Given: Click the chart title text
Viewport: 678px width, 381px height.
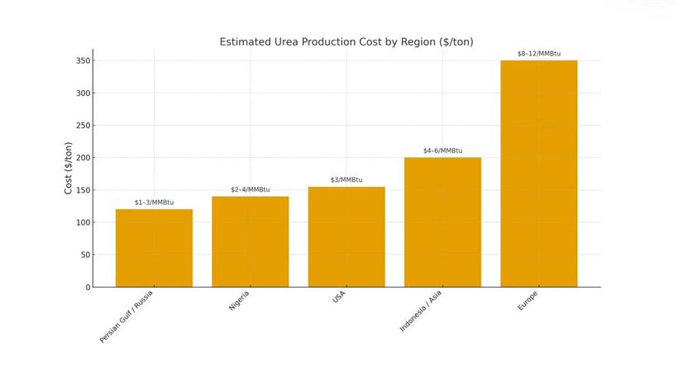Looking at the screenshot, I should pyautogui.click(x=346, y=41).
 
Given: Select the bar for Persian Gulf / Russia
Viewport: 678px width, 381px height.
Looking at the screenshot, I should pyautogui.click(x=154, y=248).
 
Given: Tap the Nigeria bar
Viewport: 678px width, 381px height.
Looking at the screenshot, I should pyautogui.click(x=251, y=241).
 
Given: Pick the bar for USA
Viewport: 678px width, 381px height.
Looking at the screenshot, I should pyautogui.click(x=346, y=236).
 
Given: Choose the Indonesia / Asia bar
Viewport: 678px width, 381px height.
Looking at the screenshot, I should pyautogui.click(x=442, y=221).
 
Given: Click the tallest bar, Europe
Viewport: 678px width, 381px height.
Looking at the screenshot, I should pyautogui.click(x=539, y=174).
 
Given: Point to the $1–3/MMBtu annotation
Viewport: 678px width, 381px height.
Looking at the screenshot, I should pyautogui.click(x=154, y=202).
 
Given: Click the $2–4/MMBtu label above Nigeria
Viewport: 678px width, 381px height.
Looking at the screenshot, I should pyautogui.click(x=251, y=189).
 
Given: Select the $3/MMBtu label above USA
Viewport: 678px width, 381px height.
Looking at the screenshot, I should pyautogui.click(x=346, y=179).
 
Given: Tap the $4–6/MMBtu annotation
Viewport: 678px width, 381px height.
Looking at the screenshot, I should pyautogui.click(x=442, y=150).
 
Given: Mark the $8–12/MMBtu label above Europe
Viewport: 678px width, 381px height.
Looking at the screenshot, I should pyautogui.click(x=539, y=54).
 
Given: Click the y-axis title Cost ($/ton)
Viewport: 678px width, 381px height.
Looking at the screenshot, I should pyautogui.click(x=69, y=169).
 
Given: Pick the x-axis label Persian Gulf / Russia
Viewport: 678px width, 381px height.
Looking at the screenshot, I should pyautogui.click(x=127, y=317).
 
